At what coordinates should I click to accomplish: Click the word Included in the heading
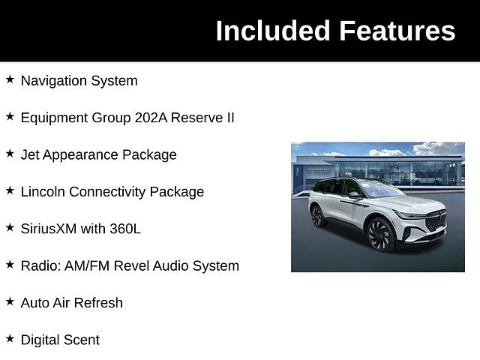click(273, 31)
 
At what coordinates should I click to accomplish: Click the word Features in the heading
click(397, 31)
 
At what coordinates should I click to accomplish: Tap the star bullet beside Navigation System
click(10, 79)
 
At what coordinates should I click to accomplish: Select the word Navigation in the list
click(53, 81)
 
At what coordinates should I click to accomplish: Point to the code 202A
click(151, 118)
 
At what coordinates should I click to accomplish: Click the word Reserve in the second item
click(196, 118)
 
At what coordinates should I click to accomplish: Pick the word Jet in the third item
click(30, 154)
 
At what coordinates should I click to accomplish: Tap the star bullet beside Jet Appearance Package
click(10, 153)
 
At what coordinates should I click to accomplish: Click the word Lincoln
click(43, 192)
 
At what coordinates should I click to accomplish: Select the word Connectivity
click(107, 192)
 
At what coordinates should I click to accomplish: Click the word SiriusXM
click(49, 229)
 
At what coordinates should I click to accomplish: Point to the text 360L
click(125, 229)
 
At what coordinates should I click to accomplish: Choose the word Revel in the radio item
click(131, 265)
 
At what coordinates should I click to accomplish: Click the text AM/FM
click(87, 265)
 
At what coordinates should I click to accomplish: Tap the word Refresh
click(98, 303)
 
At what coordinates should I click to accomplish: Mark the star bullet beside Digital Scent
click(10, 338)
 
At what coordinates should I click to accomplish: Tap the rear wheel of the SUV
click(318, 216)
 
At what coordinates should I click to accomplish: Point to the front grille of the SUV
click(436, 220)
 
